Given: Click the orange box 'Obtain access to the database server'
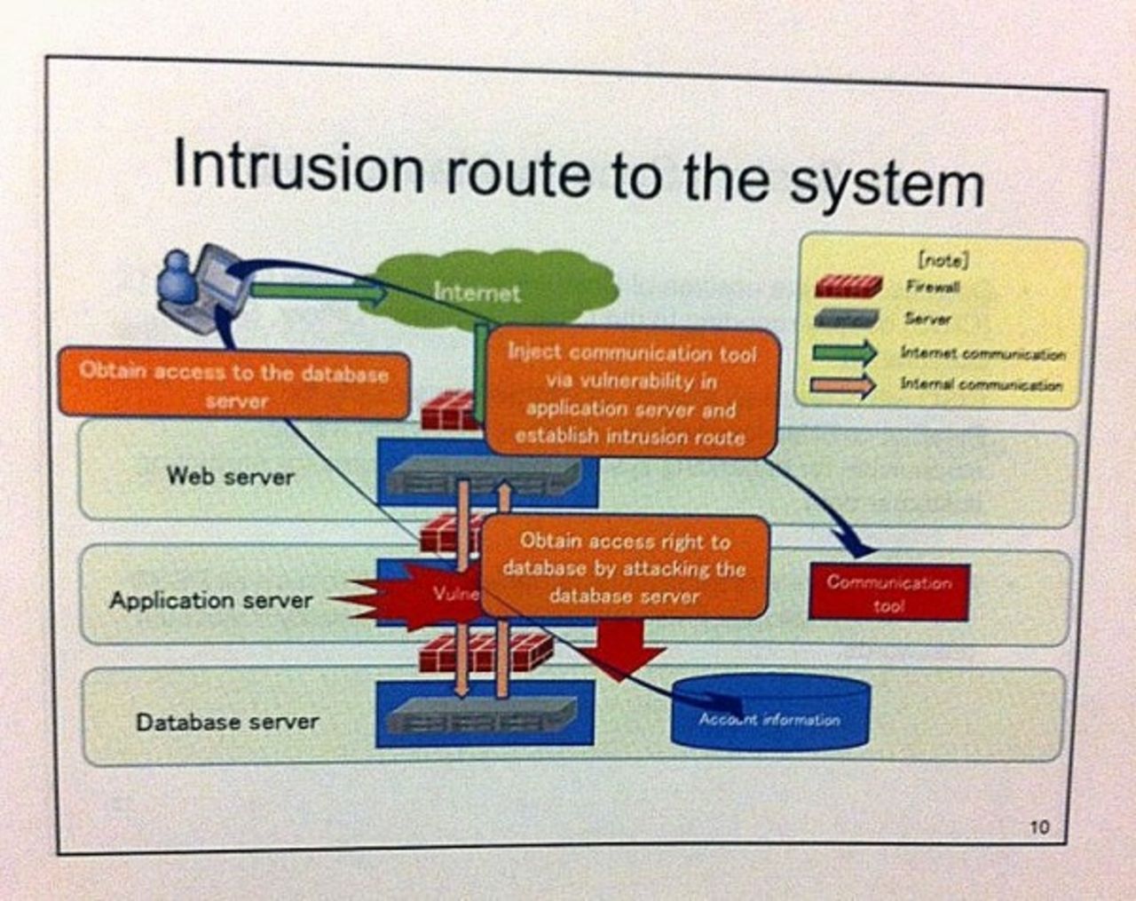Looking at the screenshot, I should point(234,385).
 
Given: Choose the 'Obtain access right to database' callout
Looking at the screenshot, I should point(623,567).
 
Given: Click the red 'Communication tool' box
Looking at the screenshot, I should point(888,594).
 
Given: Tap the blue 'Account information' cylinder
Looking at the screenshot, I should point(769,715).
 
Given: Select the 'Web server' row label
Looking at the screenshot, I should point(230,477).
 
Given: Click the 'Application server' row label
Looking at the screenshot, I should point(211,601).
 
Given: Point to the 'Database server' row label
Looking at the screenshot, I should point(227,722).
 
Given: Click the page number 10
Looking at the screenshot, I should point(1039,827).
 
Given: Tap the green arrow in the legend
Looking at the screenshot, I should point(845,352).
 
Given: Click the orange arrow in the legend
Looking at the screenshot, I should point(845,385).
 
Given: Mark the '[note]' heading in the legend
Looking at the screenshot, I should point(942,259).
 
